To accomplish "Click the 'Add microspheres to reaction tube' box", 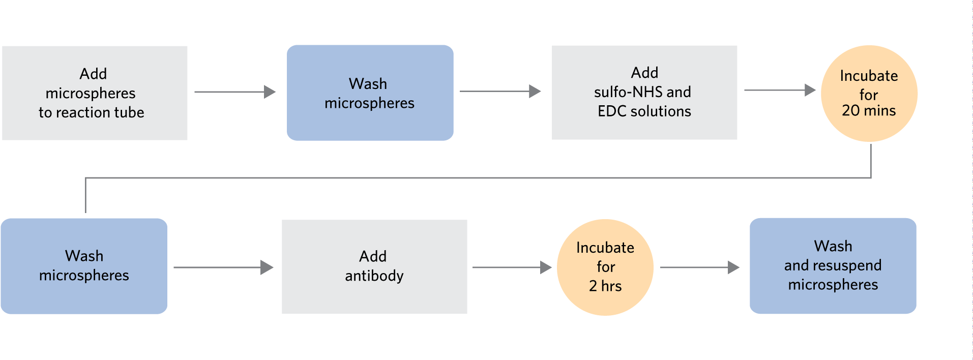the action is [x=95, y=93].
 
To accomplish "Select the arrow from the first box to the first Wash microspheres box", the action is [x=234, y=92].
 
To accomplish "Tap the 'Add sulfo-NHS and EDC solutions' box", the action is [x=644, y=92].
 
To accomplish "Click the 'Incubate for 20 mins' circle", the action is [x=869, y=93].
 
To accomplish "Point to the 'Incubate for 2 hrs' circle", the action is [x=605, y=267].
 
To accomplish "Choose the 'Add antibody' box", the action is [x=374, y=266].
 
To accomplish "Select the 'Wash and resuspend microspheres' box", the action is [x=833, y=265].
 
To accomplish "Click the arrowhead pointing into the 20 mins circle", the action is [x=810, y=91].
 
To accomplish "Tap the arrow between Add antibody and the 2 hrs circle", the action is [x=512, y=267].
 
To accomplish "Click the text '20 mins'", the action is [x=868, y=111].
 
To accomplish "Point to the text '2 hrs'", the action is [x=605, y=286].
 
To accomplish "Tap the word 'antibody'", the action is [x=374, y=276].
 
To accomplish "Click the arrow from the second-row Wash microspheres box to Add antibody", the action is [x=223, y=267].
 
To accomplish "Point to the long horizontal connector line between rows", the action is [x=478, y=177].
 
